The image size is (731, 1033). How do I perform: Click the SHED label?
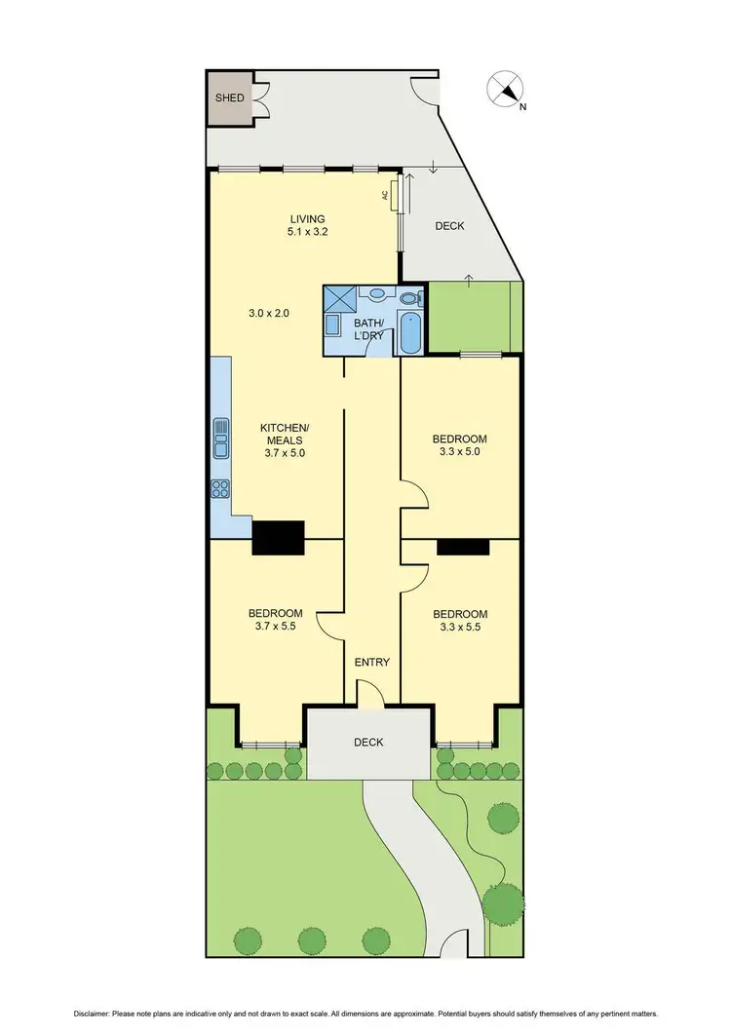[230, 97]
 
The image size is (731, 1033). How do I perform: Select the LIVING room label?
[306, 218]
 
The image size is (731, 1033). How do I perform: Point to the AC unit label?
[386, 195]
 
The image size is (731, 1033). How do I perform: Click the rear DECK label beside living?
[449, 226]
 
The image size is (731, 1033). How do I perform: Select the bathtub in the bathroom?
[409, 334]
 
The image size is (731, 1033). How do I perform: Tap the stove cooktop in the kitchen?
[220, 490]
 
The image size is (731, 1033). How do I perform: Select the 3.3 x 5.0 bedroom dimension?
[460, 452]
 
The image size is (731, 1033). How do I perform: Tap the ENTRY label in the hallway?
[371, 663]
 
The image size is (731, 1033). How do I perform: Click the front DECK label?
[368, 742]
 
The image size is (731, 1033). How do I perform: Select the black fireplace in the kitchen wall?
[278, 537]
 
